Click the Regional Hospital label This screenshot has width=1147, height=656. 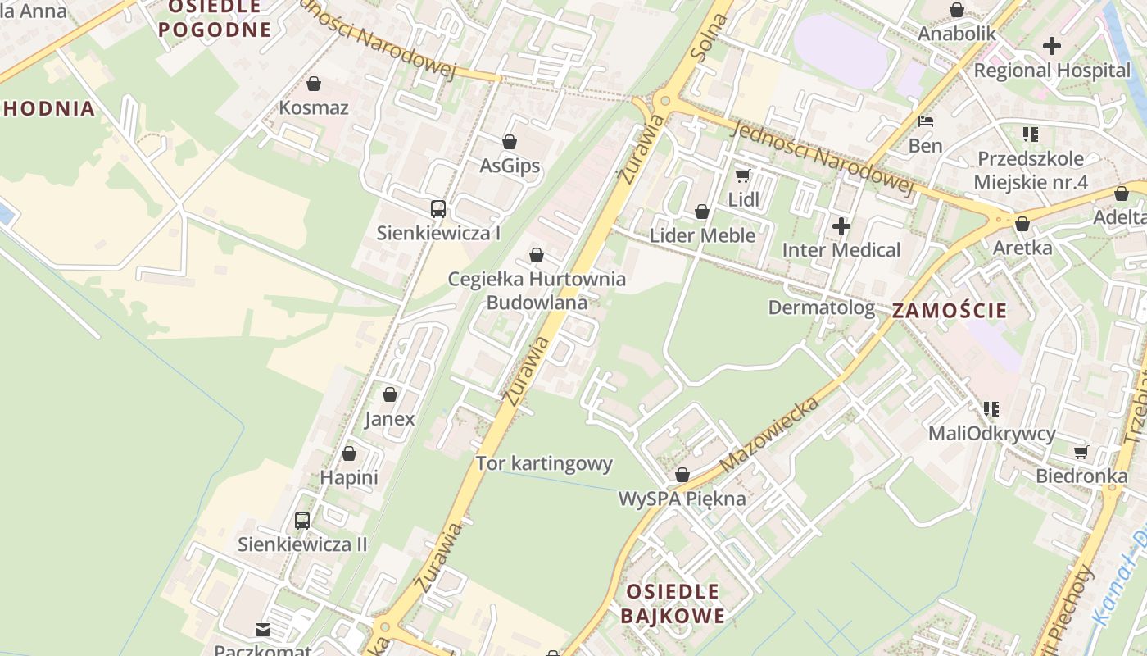pos(1052,71)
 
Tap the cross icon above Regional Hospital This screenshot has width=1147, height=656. pos(1052,45)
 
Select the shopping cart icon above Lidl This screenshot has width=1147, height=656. pos(742,175)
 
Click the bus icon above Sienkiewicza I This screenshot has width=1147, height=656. pos(438,209)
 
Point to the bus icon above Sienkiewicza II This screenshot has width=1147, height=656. pos(302,520)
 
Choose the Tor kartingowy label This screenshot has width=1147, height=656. pos(544,463)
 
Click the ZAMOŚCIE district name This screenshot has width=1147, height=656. pos(949,311)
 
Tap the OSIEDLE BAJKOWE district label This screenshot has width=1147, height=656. pos(672,604)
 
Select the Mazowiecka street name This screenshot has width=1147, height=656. pos(770,435)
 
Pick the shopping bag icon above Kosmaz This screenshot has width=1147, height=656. pos(313,84)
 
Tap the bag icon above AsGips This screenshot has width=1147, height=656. pos(510,142)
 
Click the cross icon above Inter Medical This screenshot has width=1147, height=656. pos(841,225)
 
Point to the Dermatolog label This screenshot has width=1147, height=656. pos(821,307)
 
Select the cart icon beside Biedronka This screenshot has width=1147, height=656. pos(1081,452)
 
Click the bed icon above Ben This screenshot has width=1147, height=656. pos(926,121)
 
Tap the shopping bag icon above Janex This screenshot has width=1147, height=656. pos(390,394)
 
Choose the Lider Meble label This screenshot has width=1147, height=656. pos(702,236)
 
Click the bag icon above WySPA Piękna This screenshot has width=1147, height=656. pos(682,475)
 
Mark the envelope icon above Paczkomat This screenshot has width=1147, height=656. pos(263,630)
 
